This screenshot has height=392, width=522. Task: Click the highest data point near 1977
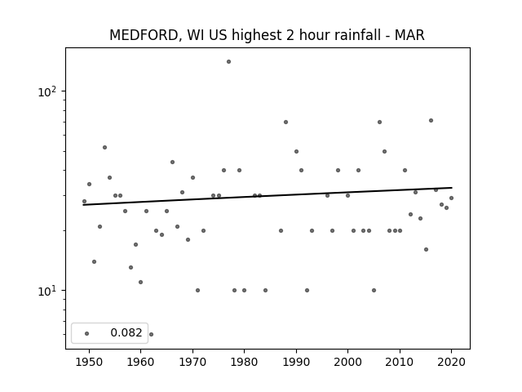point(228,62)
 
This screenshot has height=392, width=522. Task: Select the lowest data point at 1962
point(151,334)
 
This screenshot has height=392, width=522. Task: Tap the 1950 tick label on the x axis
point(89,362)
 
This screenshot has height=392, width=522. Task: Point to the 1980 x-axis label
point(244,362)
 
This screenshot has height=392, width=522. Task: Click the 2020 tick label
point(451,362)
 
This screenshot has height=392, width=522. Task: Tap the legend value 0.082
point(126,332)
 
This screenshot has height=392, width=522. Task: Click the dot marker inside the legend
point(87,333)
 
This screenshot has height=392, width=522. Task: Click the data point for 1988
point(285,122)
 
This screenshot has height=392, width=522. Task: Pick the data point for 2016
point(431,120)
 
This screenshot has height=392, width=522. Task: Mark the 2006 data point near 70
point(379,122)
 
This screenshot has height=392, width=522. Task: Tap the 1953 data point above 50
point(104,147)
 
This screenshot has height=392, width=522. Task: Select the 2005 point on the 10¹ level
point(374,291)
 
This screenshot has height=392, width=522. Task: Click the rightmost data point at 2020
point(451,198)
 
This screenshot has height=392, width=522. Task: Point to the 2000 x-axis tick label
point(348,362)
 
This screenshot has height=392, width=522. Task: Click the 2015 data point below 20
point(426,249)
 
